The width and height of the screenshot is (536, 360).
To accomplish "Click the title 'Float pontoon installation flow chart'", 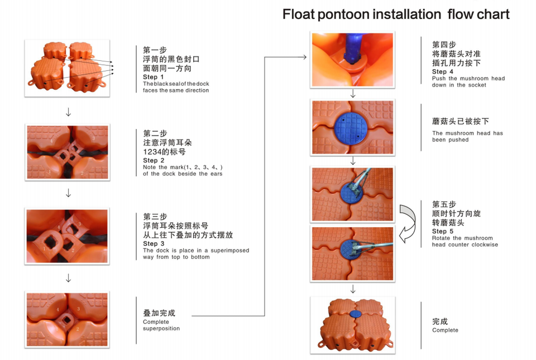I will point(395,14).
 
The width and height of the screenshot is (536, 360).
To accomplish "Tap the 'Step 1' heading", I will point(154,77).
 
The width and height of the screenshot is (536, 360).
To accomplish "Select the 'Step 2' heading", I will point(154,161).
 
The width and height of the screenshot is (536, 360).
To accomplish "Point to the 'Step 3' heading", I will point(154,244).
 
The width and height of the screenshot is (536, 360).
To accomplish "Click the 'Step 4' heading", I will point(443,72).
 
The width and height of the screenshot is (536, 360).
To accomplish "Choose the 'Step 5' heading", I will point(443,232).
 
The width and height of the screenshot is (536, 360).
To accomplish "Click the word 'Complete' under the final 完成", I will point(445,330).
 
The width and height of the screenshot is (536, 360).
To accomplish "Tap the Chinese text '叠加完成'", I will point(159,313).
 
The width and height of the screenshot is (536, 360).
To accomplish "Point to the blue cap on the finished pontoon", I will point(355,315).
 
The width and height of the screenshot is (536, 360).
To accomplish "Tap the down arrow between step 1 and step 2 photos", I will point(68,112).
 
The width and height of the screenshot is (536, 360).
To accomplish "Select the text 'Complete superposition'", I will point(161,325).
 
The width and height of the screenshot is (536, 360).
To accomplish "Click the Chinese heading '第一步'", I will point(155,49).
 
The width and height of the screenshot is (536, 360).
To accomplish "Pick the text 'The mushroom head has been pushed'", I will point(467,136).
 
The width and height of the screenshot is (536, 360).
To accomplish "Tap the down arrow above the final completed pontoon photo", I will point(353,289).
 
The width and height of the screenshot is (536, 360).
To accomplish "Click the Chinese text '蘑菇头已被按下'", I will point(461,121).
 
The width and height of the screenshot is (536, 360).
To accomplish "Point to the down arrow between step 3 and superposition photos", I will point(68,277).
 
